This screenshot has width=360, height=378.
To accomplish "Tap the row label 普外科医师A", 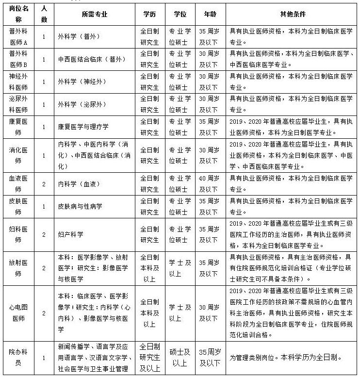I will [x=18, y=36].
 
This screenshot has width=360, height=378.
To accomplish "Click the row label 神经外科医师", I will [x=18, y=82].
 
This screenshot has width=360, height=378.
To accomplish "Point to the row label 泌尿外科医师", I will [x=18, y=104].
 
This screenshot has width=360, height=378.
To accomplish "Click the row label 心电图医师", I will [x=18, y=312].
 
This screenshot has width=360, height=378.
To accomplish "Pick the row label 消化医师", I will [x=18, y=155].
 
